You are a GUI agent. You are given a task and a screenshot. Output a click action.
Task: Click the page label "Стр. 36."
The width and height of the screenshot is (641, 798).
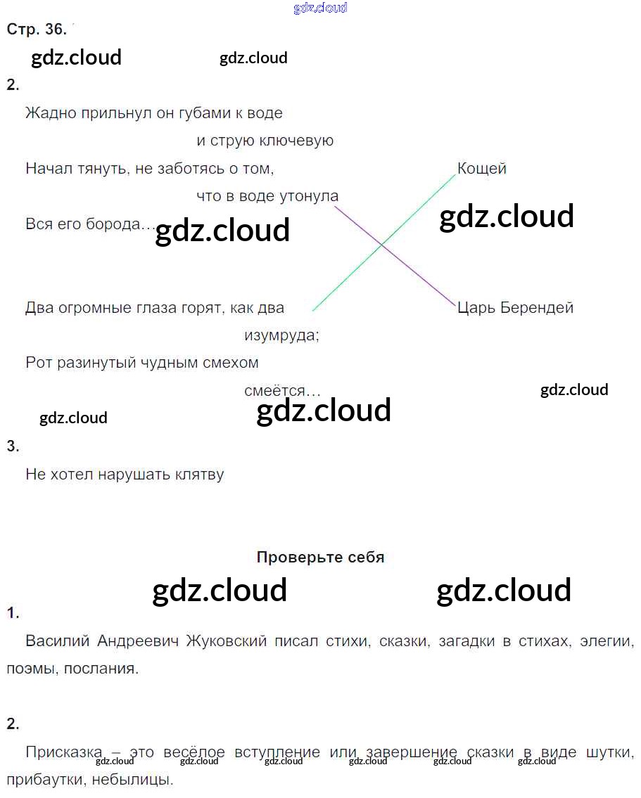(x=37, y=30)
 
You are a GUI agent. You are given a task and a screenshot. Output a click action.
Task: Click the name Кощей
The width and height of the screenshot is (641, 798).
(x=482, y=169)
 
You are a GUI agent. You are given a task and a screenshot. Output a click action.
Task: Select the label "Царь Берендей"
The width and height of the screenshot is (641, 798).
(x=515, y=308)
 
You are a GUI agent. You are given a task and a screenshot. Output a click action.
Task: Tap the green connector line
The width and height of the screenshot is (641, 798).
(x=422, y=207)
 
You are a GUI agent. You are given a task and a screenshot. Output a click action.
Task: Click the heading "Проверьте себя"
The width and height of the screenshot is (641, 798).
(x=320, y=558)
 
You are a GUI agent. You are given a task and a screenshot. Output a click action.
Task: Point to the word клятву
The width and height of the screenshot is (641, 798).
(x=196, y=475)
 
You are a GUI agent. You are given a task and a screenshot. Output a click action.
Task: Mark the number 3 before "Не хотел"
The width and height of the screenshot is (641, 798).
(x=12, y=446)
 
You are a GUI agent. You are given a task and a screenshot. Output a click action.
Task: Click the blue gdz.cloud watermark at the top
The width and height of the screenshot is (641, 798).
(x=320, y=8)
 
